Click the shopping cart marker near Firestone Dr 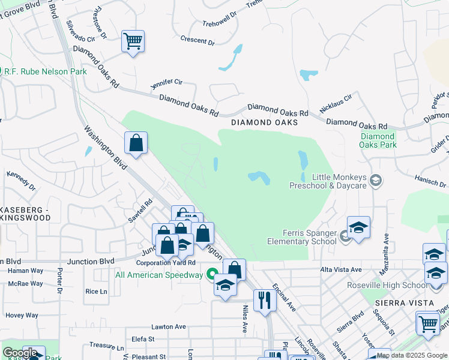133,42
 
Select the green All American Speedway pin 211,275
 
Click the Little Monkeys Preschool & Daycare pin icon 376,181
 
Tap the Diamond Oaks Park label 378,140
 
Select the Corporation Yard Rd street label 166,263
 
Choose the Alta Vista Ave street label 341,270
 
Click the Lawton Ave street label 169,327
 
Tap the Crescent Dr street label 197,41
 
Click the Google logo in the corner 20,353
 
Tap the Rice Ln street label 96,292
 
